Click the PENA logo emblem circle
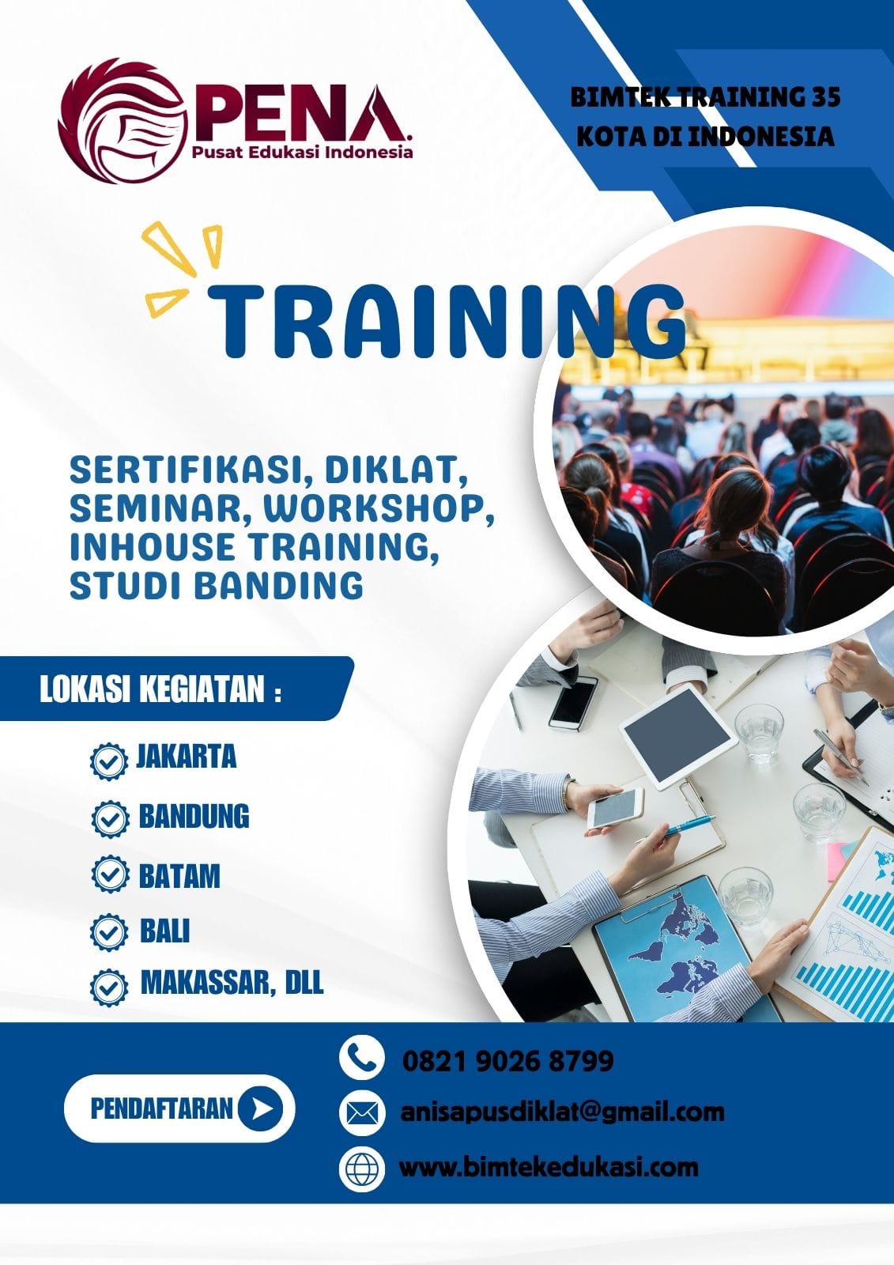point(123,121)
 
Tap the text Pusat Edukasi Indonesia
point(302,151)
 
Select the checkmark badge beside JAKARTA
point(108,761)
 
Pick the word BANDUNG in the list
point(194,816)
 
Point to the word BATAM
point(179,875)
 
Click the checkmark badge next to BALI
point(108,932)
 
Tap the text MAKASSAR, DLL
point(232,982)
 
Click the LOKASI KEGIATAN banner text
point(160,689)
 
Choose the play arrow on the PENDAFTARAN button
point(260,1108)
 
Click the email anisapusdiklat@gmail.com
point(563,1112)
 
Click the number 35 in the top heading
point(826,97)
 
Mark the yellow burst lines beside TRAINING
point(181,267)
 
